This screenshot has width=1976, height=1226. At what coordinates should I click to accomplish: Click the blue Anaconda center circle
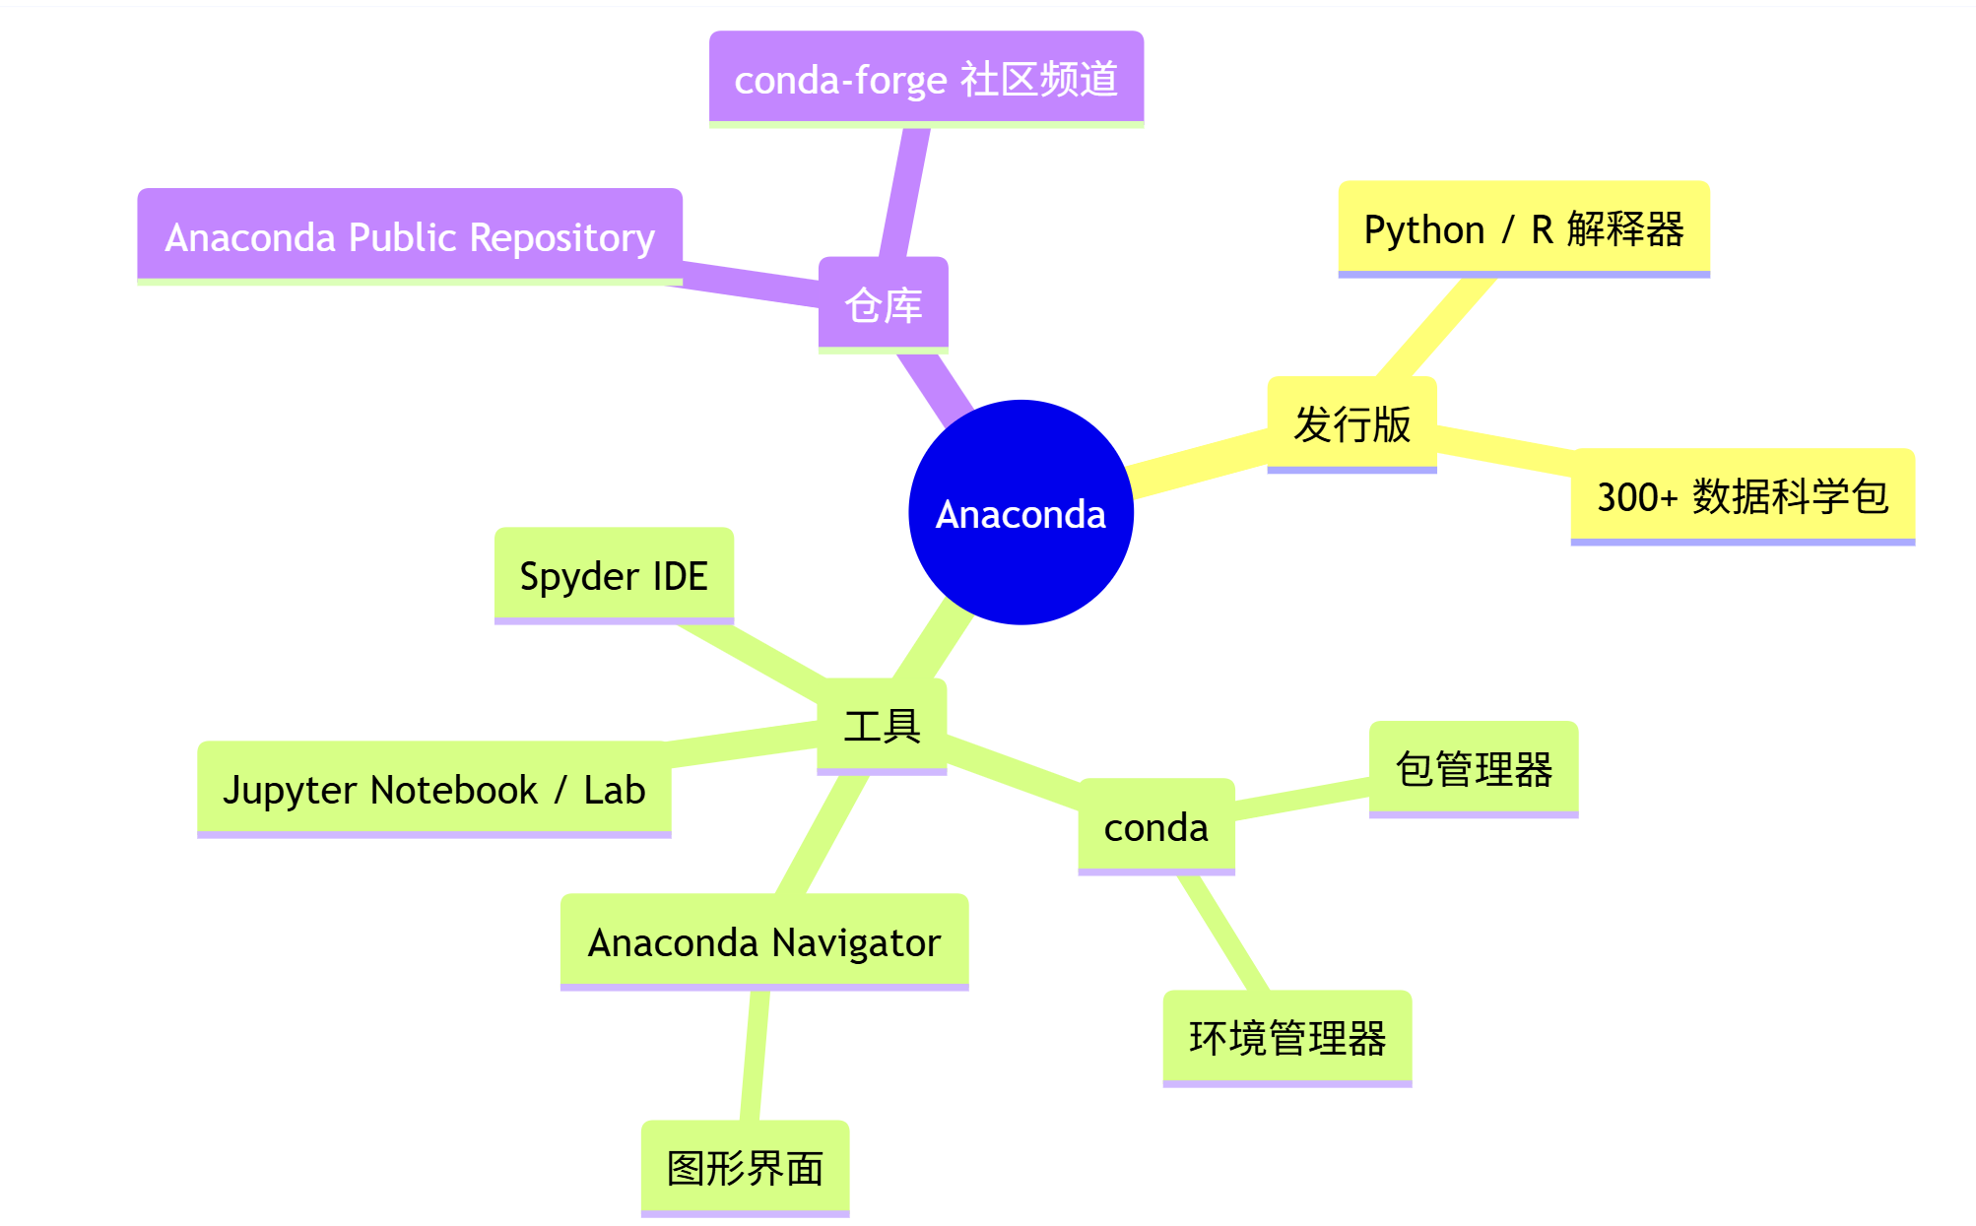[x=1021, y=512]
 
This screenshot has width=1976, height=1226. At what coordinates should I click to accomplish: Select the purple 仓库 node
[x=883, y=304]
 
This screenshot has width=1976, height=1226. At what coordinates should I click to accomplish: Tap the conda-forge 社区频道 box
[x=926, y=79]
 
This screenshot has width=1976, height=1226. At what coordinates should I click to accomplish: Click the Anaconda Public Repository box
[x=409, y=236]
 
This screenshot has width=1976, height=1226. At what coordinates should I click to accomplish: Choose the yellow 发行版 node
[x=1351, y=423]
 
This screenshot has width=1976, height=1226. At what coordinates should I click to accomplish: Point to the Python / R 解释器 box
[x=1523, y=228]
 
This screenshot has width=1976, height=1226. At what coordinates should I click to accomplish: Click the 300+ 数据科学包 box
[x=1742, y=495]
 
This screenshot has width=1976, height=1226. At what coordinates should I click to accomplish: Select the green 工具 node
[x=882, y=726]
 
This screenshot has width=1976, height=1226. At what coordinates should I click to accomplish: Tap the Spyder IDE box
[x=614, y=575]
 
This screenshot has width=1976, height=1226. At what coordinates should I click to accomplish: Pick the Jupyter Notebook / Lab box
[x=433, y=789]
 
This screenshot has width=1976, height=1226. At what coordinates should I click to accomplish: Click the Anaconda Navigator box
[x=764, y=941]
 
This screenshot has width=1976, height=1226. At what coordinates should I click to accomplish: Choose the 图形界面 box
[x=745, y=1168]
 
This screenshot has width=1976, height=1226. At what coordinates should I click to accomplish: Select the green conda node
[x=1155, y=826]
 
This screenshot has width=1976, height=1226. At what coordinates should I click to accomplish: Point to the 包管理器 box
[x=1473, y=768]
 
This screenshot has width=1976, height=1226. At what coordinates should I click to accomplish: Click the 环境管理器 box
[x=1286, y=1038]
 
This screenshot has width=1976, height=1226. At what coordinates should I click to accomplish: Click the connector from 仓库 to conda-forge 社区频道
[x=902, y=193]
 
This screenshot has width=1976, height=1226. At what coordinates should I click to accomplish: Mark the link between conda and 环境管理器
[x=1223, y=933]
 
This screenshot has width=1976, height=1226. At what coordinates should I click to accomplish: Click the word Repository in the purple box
[x=561, y=237]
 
